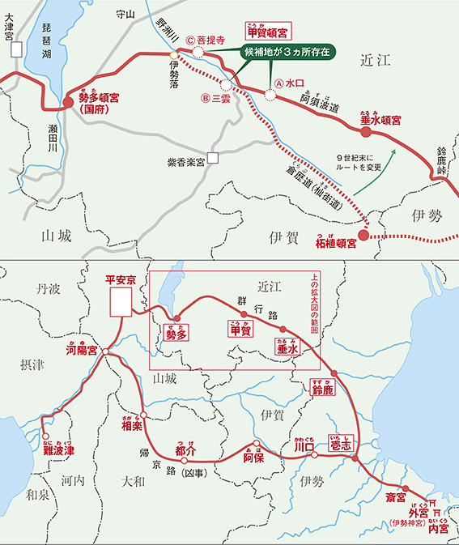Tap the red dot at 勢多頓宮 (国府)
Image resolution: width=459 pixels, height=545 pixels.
coord(68,103)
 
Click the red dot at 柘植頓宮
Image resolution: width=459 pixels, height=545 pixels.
coord(363,236)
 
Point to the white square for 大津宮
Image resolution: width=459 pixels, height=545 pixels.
coord(15,49)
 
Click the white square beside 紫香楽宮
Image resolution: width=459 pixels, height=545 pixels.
coord(212,160)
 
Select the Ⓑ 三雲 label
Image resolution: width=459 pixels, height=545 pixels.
coord(216,100)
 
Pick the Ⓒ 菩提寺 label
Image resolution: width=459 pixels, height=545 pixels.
coord(205,38)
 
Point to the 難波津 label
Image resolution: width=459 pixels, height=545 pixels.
coord(59,449)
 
